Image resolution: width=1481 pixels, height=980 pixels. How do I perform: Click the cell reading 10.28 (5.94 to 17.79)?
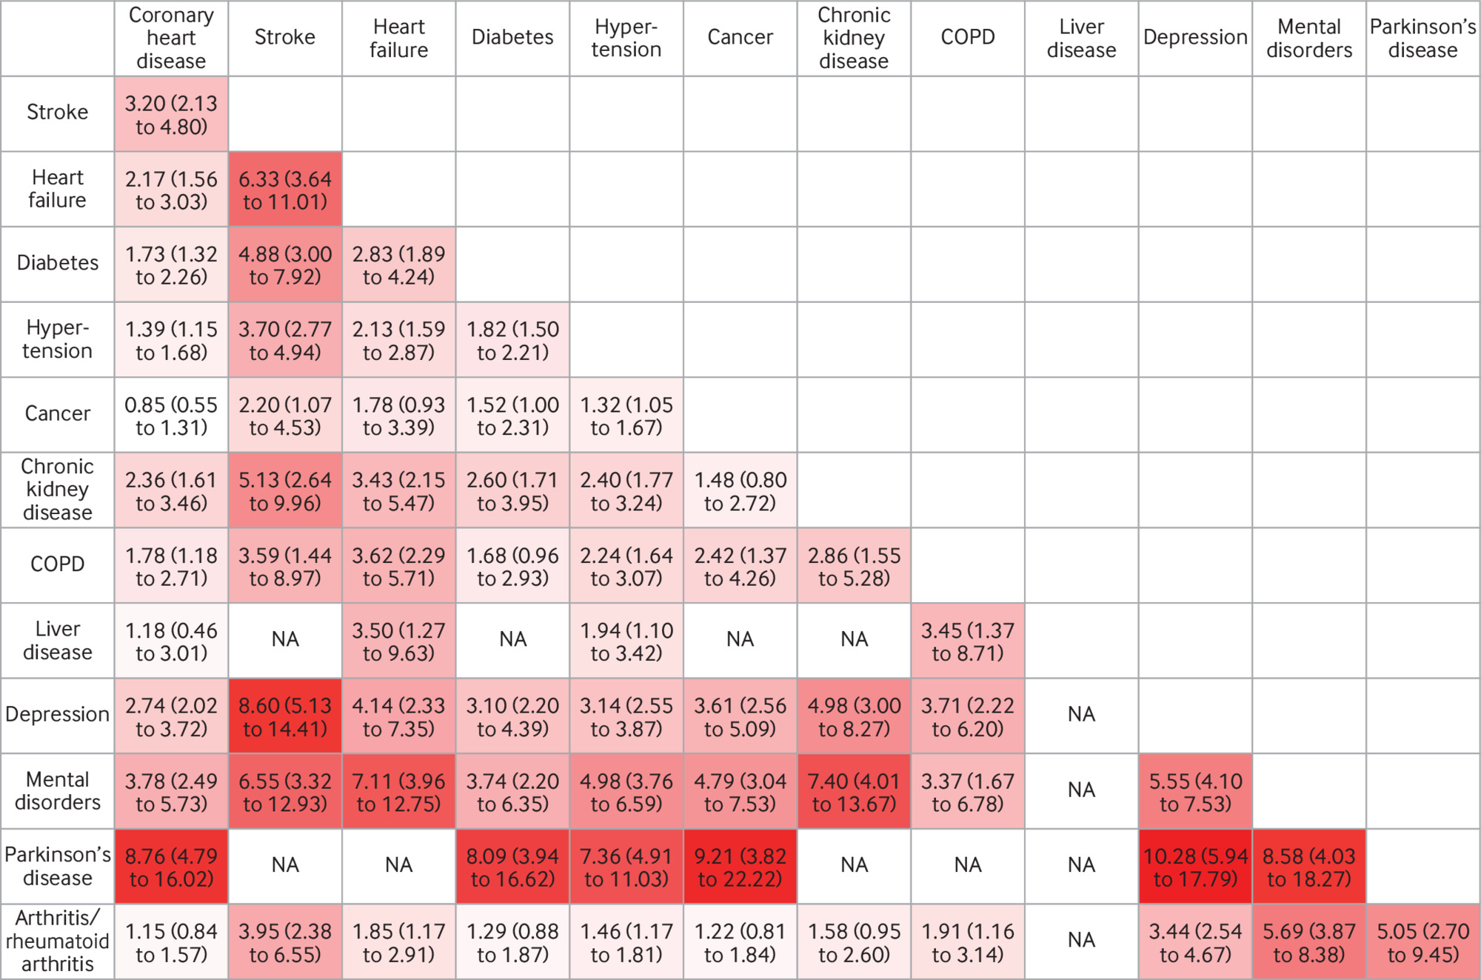click(1195, 866)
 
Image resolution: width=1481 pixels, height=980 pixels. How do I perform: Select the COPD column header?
click(968, 37)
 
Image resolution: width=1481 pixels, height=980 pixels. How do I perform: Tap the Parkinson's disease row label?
click(58, 866)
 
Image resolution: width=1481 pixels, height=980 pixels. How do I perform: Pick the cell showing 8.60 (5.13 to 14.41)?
click(285, 716)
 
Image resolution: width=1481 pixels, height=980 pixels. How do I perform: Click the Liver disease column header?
click(1081, 38)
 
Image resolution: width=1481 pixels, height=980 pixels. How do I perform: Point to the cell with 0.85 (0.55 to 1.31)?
click(171, 416)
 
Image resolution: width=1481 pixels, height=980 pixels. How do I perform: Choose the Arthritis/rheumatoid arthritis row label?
click(58, 941)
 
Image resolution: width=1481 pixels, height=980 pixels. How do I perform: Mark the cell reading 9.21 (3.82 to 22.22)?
click(740, 866)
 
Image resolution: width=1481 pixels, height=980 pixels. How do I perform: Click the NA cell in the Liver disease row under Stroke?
click(285, 640)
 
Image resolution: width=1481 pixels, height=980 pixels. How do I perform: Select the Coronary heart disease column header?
click(171, 38)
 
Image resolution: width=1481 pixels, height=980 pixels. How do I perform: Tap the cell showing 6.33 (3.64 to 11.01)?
click(285, 190)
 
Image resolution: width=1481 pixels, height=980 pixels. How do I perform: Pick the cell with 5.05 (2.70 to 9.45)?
click(1423, 941)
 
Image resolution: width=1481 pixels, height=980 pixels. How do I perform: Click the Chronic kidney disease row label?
click(58, 490)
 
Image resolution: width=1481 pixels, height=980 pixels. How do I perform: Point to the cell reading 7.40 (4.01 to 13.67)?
click(854, 791)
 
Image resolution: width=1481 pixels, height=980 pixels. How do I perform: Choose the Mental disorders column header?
click(1308, 38)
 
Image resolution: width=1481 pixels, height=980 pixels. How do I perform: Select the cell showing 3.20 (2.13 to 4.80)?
click(171, 114)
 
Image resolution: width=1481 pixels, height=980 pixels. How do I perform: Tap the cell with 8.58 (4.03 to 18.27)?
click(1308, 866)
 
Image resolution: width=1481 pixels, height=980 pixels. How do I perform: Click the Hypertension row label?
click(58, 339)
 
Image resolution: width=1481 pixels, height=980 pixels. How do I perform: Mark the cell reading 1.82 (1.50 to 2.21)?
click(512, 340)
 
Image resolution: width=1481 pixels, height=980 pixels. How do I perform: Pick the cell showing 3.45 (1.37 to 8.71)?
click(968, 641)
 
